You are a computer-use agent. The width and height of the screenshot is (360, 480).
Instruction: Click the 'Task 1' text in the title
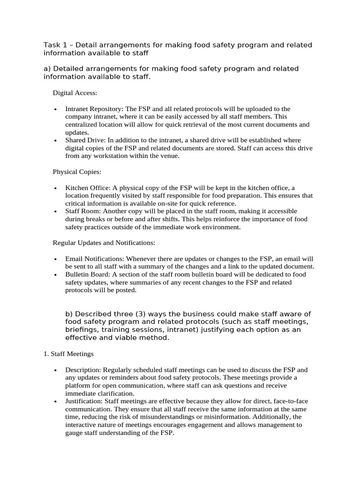[55, 45]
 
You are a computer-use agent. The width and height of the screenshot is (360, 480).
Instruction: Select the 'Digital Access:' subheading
[75, 93]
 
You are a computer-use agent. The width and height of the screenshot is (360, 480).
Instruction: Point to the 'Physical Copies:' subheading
[76, 172]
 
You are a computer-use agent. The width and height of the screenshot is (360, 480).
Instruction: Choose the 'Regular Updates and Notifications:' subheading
[104, 243]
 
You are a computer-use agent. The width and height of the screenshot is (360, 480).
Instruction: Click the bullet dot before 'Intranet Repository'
[55, 109]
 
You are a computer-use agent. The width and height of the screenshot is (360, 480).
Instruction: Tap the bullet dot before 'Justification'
[55, 402]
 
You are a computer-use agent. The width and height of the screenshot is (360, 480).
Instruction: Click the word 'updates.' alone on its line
[77, 133]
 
